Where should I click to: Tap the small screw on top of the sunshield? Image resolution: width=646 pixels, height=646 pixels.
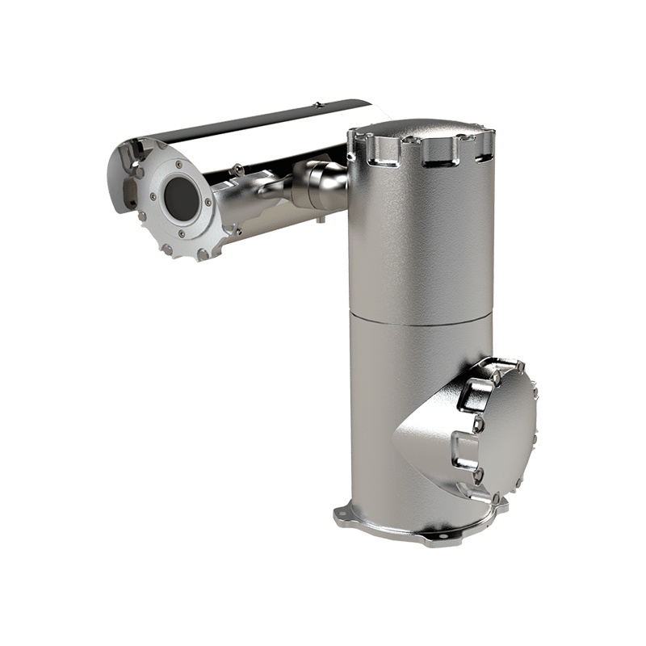pyautogui.click(x=318, y=104)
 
